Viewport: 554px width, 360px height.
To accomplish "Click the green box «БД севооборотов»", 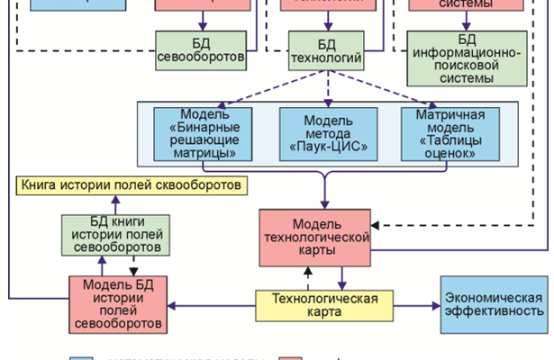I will pos(200,51).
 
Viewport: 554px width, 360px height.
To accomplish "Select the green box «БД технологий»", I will pos(326,51).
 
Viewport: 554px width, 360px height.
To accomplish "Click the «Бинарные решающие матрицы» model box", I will pos(201,134).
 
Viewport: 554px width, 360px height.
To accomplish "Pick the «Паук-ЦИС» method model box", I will pos(326,134).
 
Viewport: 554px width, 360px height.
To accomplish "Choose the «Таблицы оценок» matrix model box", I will pos(450,134).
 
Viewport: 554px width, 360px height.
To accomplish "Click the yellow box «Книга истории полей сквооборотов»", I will pos(132,187).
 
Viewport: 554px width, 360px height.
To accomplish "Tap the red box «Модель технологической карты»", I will pos(314,236).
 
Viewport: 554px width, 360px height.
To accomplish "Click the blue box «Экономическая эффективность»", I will pos(493,304).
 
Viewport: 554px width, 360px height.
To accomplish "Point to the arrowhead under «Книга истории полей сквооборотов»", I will pos(114,200).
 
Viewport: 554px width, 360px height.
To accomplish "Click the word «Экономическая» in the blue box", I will pos(493,296).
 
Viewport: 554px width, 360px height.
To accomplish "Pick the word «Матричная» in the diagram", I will pos(450,115).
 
